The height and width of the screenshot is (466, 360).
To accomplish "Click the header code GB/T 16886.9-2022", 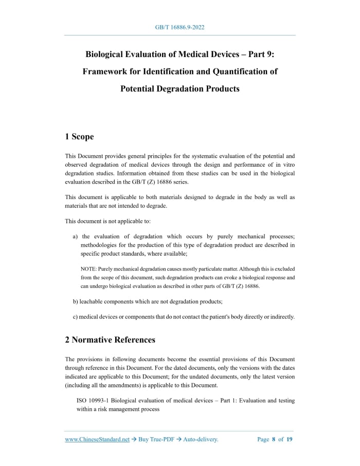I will (179, 27).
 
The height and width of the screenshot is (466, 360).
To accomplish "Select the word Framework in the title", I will (105, 71).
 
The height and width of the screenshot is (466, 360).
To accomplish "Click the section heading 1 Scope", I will (79, 137).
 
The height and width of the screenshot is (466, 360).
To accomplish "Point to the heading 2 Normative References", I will (110, 339).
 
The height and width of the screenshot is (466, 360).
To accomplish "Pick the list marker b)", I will (76, 301).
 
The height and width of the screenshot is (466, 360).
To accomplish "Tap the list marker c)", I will (76, 317).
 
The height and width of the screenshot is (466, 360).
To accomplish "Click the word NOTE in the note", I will (88, 269).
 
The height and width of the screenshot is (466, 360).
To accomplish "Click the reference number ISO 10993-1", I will (93, 401).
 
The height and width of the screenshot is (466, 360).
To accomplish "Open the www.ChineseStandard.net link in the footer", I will (97, 440).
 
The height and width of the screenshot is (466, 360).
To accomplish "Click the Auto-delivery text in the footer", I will (198, 440).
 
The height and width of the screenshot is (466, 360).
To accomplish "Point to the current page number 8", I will (274, 440).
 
